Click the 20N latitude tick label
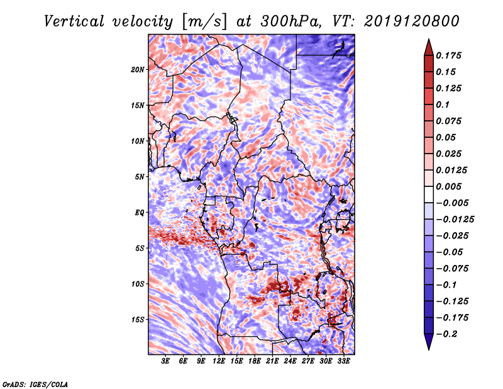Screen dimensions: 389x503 tap(138, 69)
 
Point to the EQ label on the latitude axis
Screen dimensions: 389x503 tap(140, 213)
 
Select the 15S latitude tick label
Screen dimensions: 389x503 tap(138, 320)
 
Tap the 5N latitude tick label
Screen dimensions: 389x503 tap(140, 177)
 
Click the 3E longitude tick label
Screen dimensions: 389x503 tap(166, 361)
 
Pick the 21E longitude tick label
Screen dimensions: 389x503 tap(273, 361)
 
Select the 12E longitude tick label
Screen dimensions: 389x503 tap(219, 361)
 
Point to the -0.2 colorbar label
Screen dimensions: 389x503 tap(448, 334)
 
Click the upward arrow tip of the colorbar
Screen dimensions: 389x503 tap(428, 41)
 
